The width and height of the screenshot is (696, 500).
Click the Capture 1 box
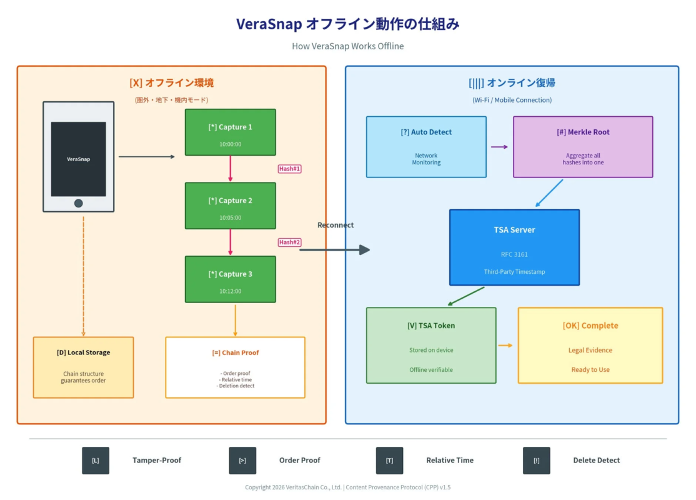(x=230, y=132)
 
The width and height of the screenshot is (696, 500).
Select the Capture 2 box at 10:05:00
(x=230, y=206)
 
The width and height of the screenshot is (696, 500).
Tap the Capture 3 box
(x=230, y=279)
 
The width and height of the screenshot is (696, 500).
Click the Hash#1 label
(x=289, y=169)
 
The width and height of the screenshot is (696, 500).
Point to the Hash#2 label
(x=289, y=242)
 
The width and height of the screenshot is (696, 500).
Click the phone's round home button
(x=79, y=203)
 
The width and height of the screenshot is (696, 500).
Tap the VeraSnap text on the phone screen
(x=79, y=159)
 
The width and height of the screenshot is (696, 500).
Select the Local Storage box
(x=83, y=367)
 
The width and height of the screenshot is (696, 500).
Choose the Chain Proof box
(x=235, y=367)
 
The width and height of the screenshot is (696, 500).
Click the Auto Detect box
(x=426, y=147)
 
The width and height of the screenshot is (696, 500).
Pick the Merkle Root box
(x=583, y=147)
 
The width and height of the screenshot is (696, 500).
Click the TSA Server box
(x=514, y=247)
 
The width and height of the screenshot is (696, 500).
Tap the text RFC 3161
(x=514, y=254)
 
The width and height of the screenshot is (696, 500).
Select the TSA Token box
(x=431, y=345)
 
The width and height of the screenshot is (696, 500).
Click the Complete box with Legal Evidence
(x=590, y=345)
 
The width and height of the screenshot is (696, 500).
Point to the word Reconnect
(x=336, y=225)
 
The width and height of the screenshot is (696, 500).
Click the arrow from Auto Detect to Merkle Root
(x=499, y=147)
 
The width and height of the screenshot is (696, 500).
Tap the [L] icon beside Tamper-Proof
(x=96, y=461)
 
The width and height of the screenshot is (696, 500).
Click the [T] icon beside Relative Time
(x=389, y=461)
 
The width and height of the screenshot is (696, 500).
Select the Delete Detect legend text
(x=596, y=461)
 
